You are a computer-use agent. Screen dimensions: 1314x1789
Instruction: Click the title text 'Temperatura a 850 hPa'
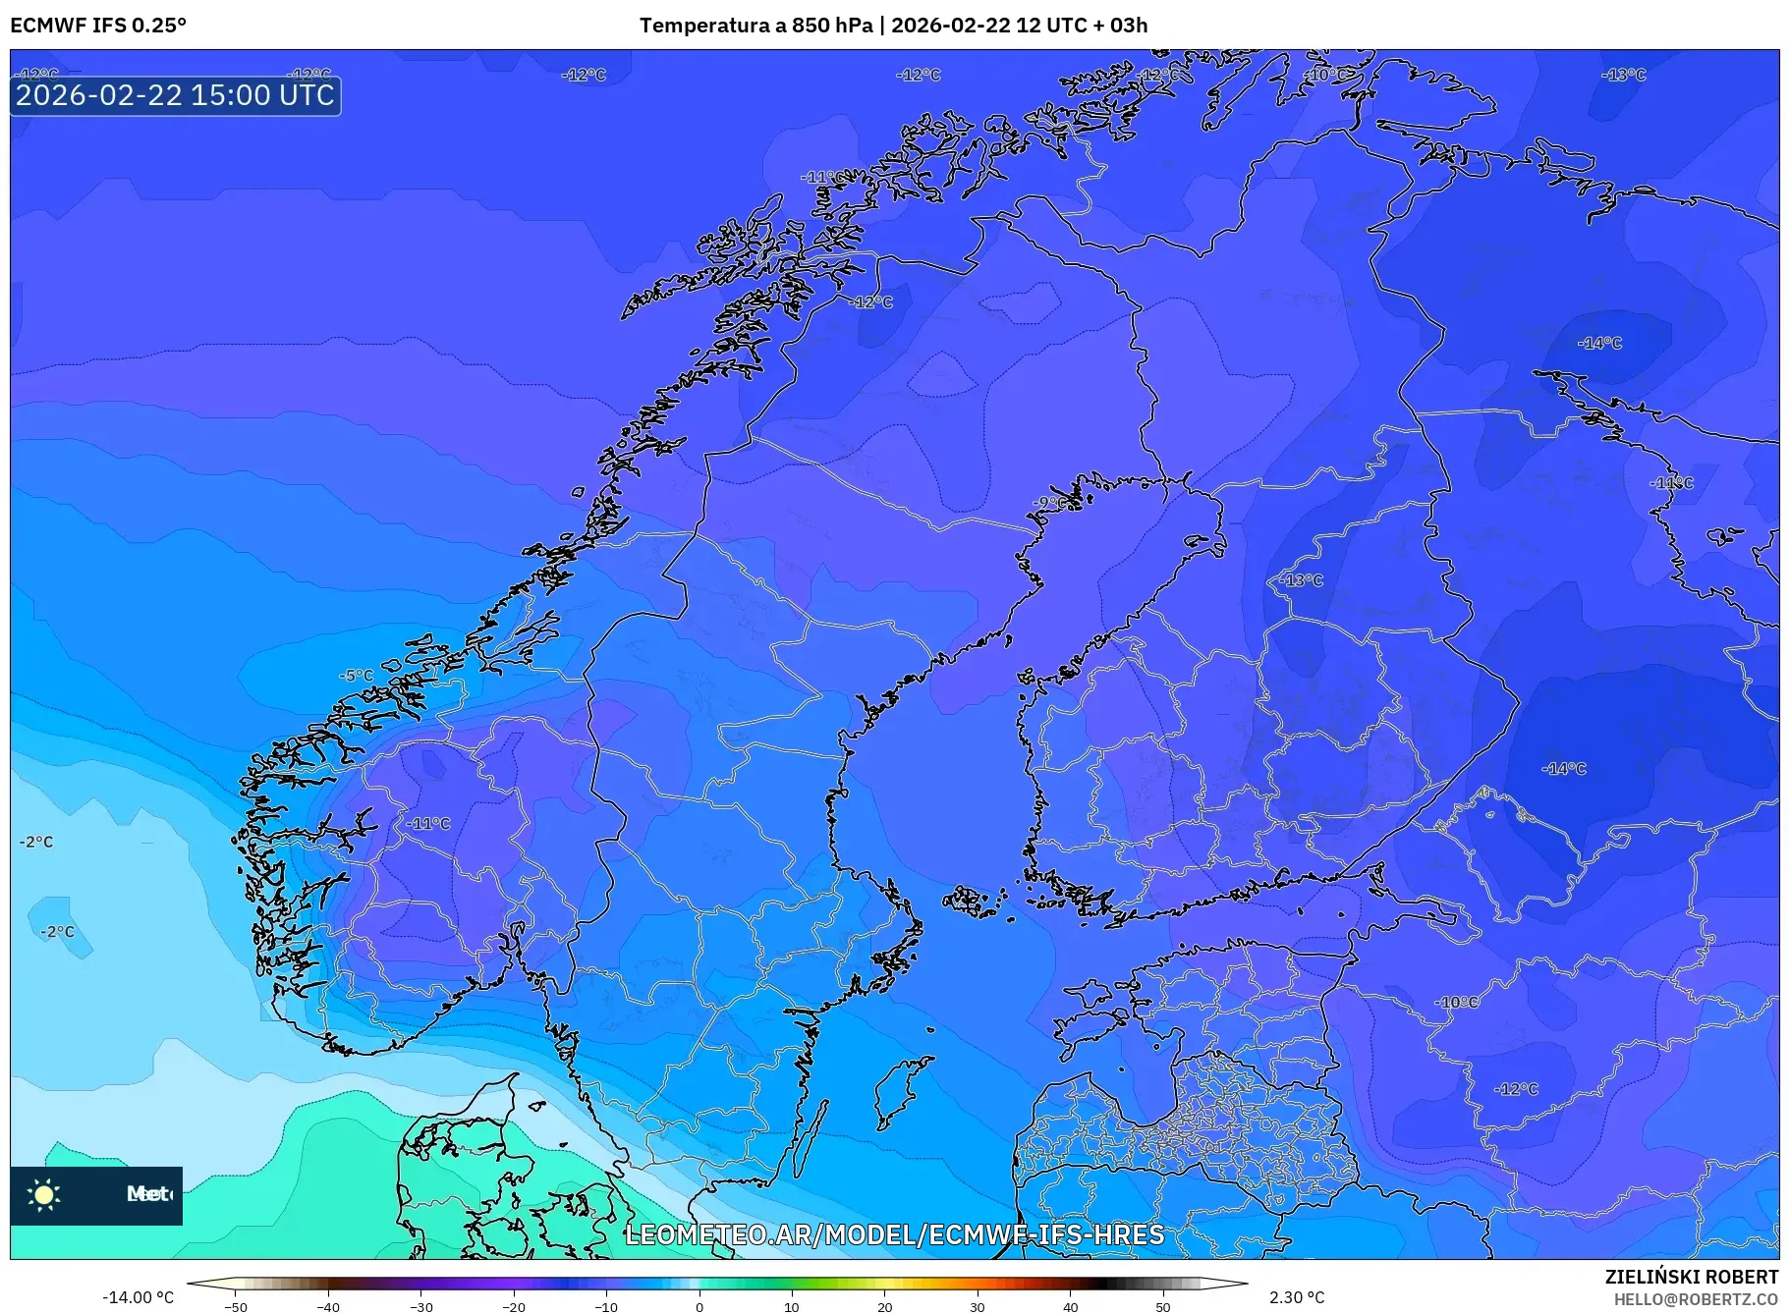pos(755,26)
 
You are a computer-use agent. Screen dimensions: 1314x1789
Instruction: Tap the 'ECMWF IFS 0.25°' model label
pos(98,26)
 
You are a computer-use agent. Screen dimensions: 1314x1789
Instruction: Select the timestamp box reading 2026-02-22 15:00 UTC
pos(176,95)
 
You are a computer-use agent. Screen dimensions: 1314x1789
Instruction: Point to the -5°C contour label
pos(357,676)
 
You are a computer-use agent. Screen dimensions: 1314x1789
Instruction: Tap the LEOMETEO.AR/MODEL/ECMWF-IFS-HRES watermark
pos(894,1234)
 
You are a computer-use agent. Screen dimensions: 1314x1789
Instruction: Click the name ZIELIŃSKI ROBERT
pos(1691,1277)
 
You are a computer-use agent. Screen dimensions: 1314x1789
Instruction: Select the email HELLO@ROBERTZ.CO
pos(1696,1299)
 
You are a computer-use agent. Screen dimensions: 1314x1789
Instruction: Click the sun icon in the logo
pos(44,1194)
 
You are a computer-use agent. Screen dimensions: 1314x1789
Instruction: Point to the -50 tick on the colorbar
pos(236,1307)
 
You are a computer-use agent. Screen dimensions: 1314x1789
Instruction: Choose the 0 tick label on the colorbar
pos(699,1307)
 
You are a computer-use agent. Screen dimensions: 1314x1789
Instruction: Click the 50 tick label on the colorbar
pos(1163,1307)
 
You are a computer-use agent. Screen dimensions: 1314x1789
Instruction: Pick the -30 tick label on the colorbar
pos(420,1307)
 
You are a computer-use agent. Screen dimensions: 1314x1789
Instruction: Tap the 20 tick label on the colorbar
pos(885,1307)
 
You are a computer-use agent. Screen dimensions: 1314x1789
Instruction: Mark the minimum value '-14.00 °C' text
pos(139,1297)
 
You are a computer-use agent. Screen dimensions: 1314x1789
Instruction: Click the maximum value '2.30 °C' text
pos(1297,1297)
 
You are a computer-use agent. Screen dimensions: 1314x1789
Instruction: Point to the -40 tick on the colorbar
pos(328,1307)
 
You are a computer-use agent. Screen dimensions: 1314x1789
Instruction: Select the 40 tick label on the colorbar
pos(1071,1307)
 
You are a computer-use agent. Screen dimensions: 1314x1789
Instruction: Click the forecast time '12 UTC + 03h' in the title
pos(1082,26)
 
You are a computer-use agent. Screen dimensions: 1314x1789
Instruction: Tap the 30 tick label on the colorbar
pos(978,1307)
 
